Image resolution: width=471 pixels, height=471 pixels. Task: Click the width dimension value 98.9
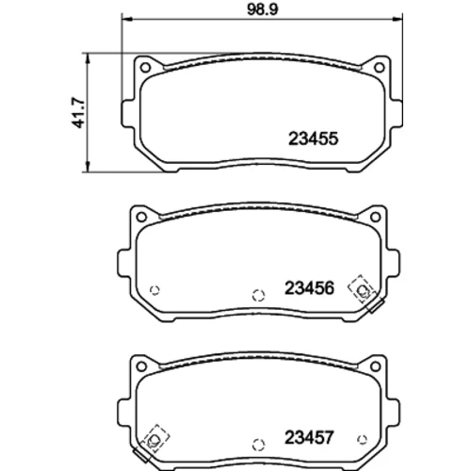pos(263,9)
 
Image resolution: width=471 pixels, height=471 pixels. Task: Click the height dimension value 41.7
pos(78,112)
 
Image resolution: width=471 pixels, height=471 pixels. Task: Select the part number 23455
pos(313,138)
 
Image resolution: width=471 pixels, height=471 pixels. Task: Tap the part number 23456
pos(309,288)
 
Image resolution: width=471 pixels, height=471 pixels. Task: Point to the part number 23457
pos(309,437)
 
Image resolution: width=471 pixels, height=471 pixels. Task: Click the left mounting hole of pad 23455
pos(145,67)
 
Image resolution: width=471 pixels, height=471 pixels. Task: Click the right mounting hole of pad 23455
pos(380,67)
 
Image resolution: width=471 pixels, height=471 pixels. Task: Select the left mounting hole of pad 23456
pos(141,217)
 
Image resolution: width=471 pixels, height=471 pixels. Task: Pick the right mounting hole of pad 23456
pos(376,217)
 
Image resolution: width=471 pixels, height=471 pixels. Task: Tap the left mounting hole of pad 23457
pos(141,366)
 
